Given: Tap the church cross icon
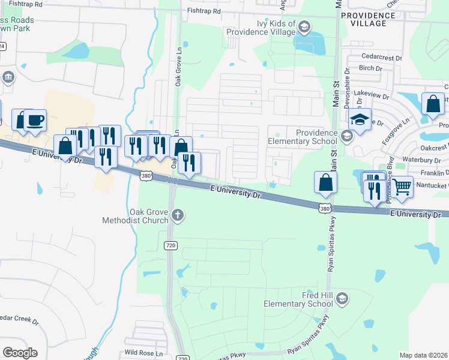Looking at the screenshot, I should (177, 215).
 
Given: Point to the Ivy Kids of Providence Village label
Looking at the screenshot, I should (268, 29).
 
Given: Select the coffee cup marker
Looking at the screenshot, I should (35, 119).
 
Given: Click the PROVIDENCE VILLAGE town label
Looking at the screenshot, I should (372, 19).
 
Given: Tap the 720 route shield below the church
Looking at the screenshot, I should (170, 245).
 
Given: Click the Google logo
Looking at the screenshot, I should (20, 352).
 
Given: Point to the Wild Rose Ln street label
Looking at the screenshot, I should (143, 353).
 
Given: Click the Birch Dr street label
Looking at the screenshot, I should (370, 68).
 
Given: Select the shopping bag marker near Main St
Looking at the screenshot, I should (325, 182).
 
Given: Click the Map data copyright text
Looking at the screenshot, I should (424, 355).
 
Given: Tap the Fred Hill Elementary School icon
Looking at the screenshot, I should (342, 299).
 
